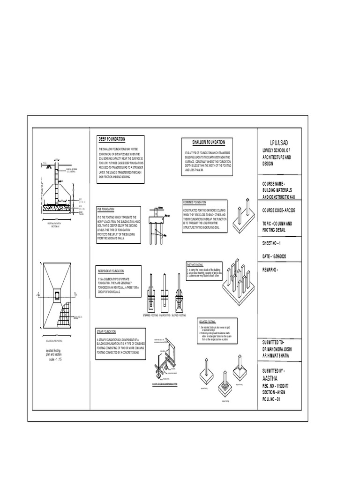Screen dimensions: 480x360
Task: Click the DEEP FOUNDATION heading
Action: tap(112, 139)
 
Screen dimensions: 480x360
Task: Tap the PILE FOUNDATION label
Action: tap(106, 209)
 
